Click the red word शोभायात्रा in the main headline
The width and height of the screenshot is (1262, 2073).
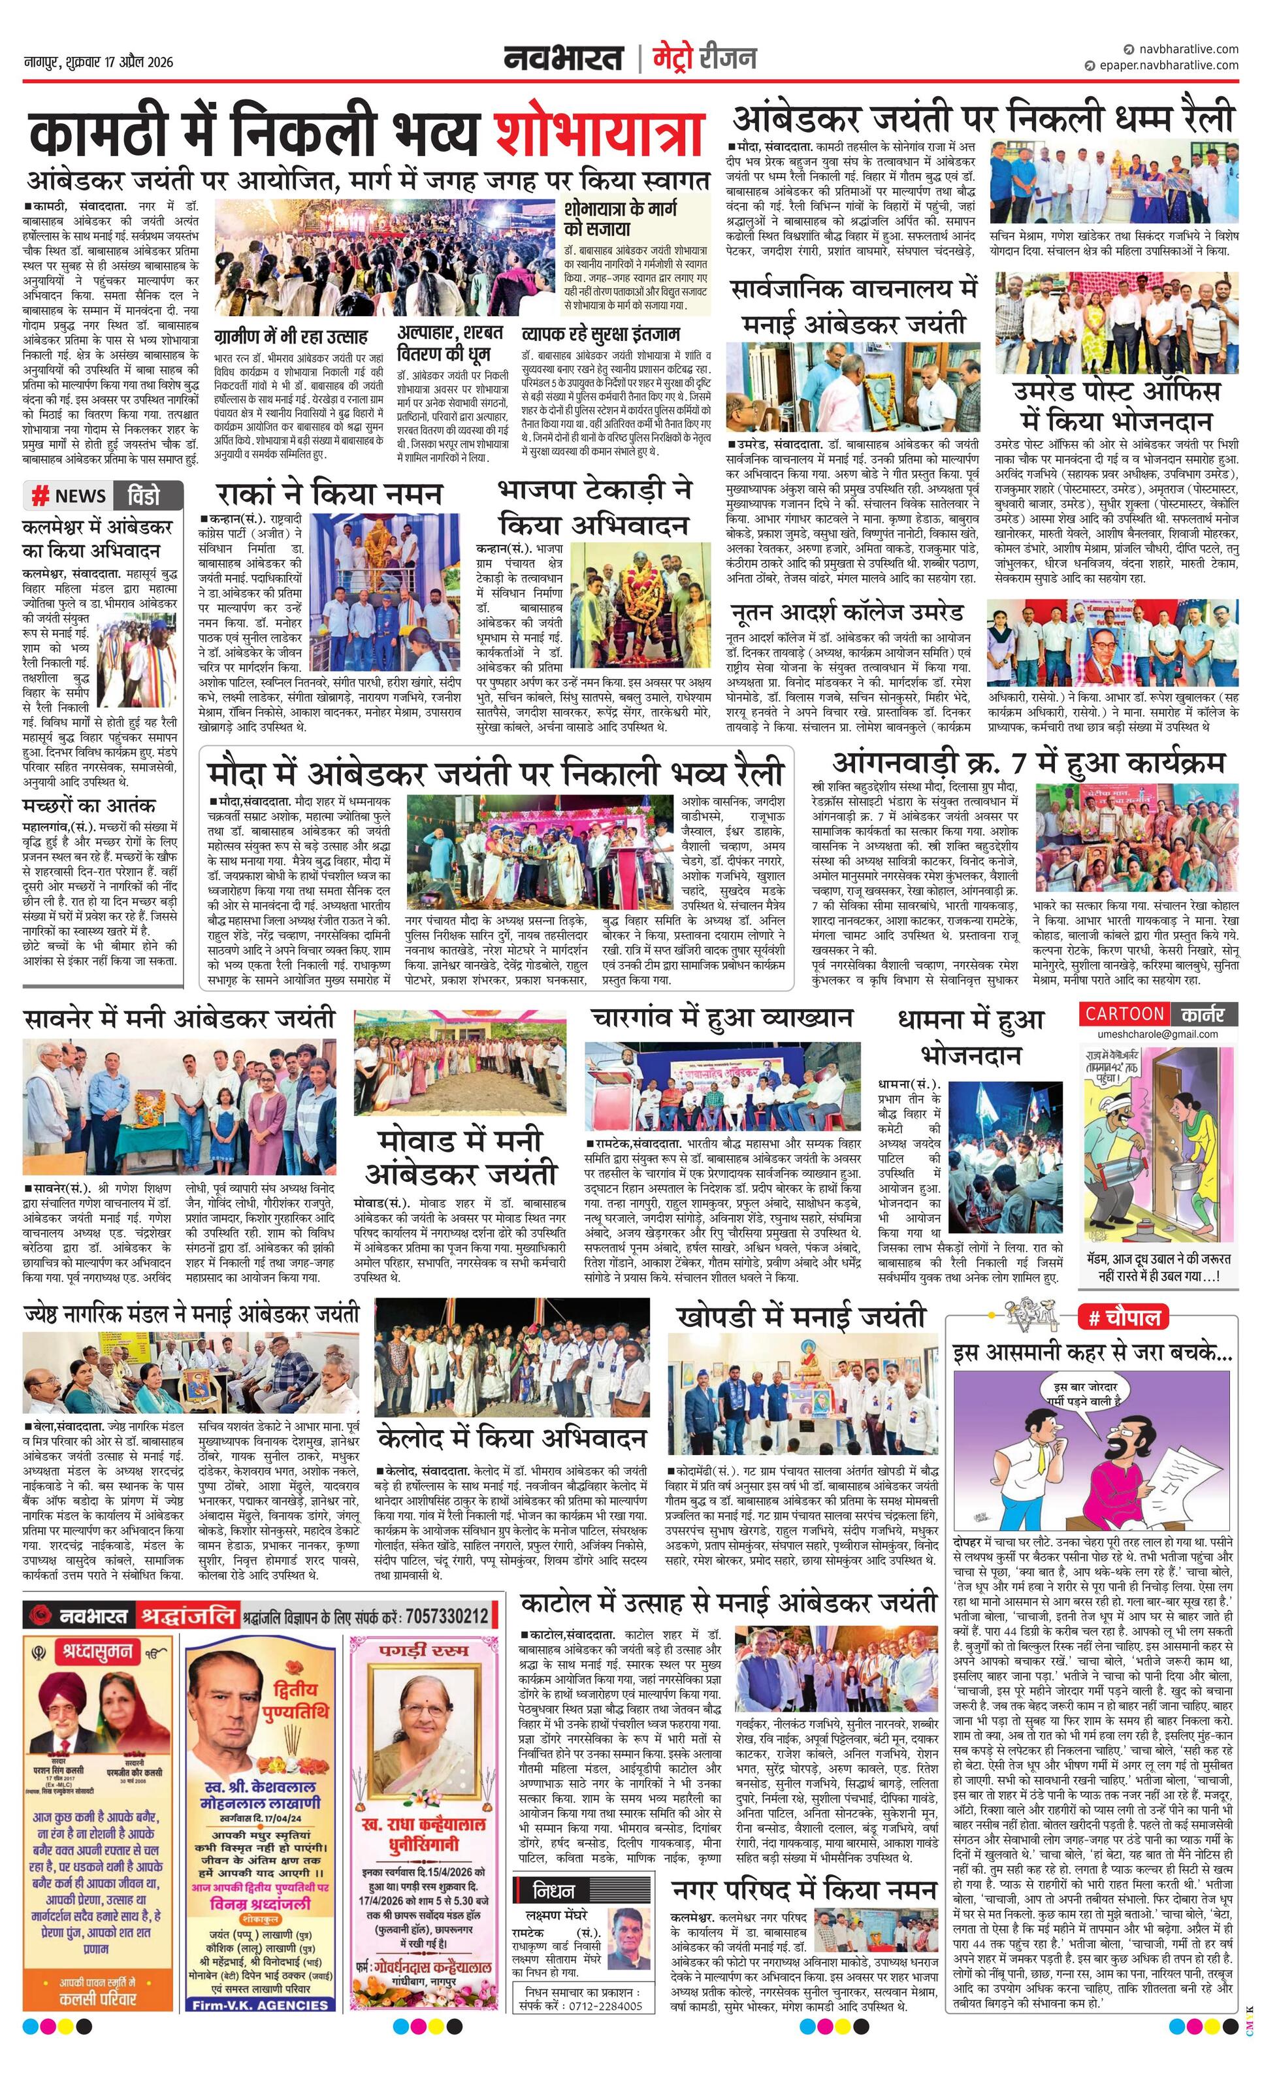click(599, 133)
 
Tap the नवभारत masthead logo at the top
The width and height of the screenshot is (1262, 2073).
click(563, 58)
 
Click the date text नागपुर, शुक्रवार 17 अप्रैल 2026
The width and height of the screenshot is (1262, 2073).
click(99, 61)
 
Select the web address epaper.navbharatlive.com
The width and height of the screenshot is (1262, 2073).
click(1168, 65)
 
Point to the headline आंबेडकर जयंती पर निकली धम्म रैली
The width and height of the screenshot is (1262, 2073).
click(982, 118)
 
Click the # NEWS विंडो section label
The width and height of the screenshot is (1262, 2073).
click(105, 495)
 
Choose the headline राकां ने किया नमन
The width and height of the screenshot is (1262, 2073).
click(329, 492)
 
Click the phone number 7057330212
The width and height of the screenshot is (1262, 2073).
click(447, 1616)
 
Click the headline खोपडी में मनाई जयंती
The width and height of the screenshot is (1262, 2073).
click(800, 1316)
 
